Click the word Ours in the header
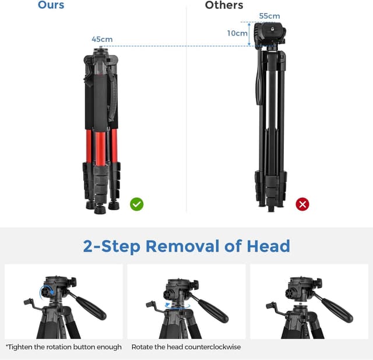click(x=51, y=5)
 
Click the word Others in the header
click(x=224, y=5)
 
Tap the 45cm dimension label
click(x=102, y=40)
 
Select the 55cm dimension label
click(x=270, y=16)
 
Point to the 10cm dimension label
click(x=237, y=33)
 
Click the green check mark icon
click(x=137, y=204)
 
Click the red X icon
click(x=302, y=204)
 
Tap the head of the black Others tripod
click(x=270, y=35)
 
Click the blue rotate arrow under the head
click(x=173, y=305)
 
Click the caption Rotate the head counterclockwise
click(x=186, y=347)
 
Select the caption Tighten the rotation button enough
click(x=64, y=347)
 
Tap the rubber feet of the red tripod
click(x=100, y=207)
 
